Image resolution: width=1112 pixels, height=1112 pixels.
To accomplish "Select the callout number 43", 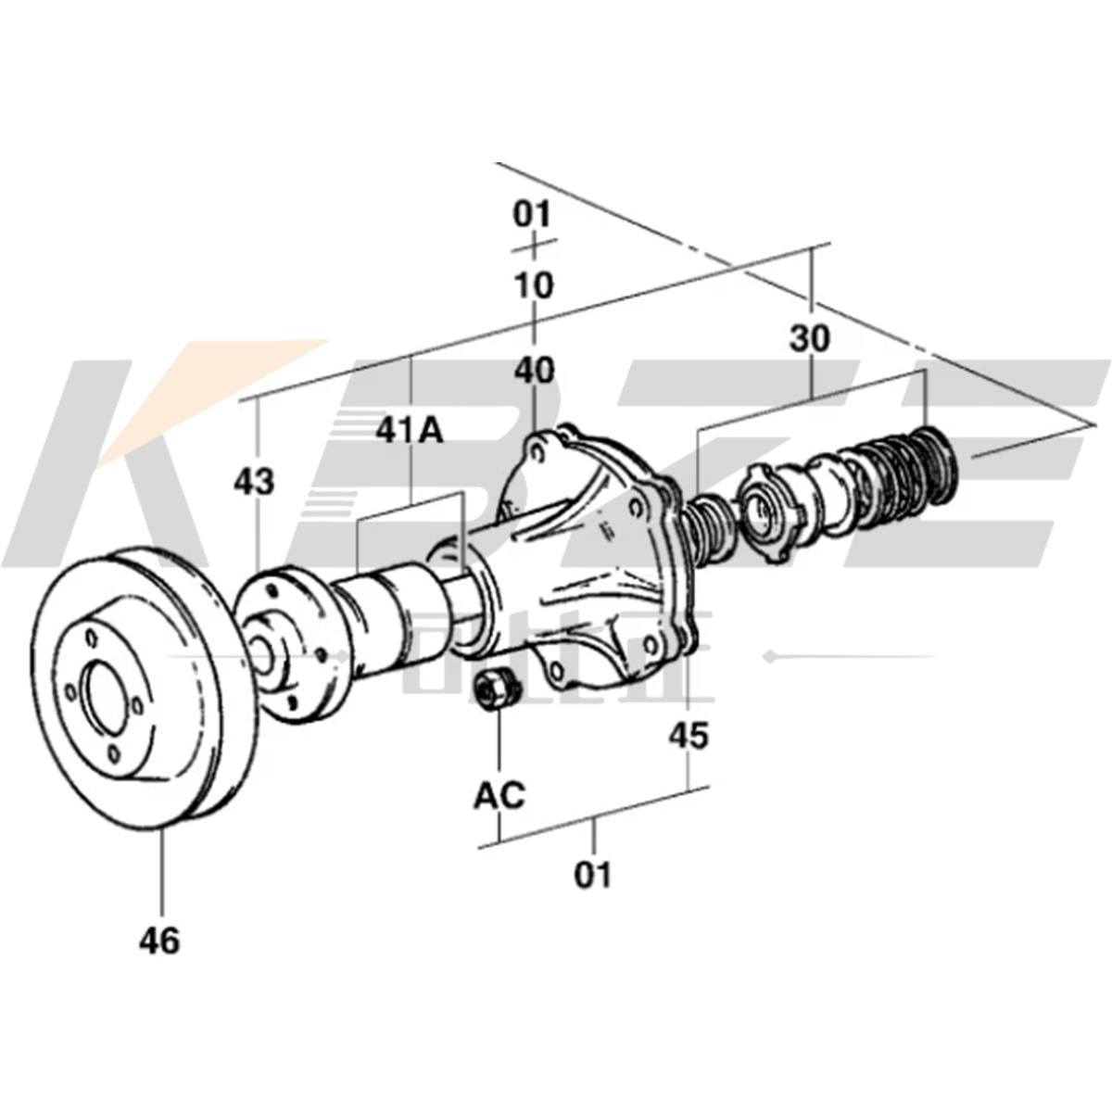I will (x=253, y=482).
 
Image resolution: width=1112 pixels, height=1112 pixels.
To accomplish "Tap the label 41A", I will (x=411, y=430).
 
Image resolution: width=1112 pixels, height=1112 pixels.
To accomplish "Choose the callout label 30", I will (x=810, y=339).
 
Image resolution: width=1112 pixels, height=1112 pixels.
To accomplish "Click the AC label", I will (x=499, y=795).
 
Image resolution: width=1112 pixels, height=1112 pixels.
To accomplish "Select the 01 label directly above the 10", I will (x=533, y=215).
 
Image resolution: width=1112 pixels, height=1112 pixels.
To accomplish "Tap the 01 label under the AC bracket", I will (x=593, y=874).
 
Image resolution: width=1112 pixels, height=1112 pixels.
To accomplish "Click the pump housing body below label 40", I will (x=593, y=575).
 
